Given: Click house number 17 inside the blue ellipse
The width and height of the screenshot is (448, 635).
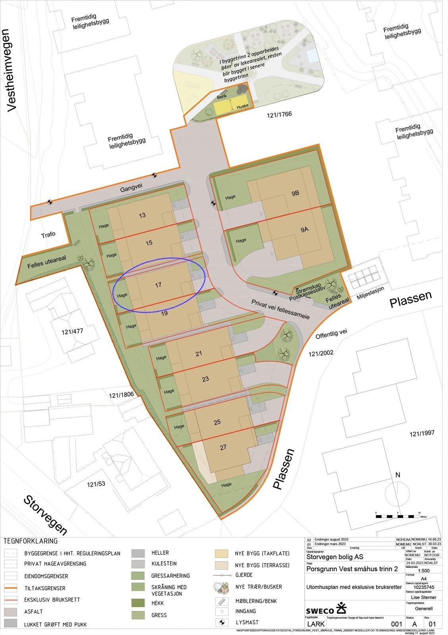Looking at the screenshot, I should click(158, 285).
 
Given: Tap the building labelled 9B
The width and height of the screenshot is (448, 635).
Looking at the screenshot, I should click(295, 193).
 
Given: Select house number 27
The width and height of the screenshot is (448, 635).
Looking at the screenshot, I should click(223, 447).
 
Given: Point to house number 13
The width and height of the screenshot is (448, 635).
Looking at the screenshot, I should click(142, 215).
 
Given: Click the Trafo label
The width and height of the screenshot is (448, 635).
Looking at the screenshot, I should click(48, 235).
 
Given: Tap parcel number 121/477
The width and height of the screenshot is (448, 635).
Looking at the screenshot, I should click(72, 331).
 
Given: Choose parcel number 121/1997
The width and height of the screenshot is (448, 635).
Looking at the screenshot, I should click(422, 433).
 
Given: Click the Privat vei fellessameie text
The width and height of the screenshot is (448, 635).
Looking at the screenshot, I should click(280, 309).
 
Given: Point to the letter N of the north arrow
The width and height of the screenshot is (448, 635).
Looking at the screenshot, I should click(398, 475).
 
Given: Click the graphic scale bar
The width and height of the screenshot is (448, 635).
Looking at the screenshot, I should click(398, 516).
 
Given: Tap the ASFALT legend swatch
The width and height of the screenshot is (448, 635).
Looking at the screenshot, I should click(11, 612).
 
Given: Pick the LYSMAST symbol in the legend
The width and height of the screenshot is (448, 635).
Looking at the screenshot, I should click(221, 622).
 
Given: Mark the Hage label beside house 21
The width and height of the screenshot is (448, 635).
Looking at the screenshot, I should click(161, 358).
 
